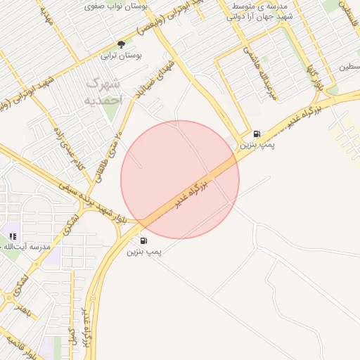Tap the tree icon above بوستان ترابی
(x=121, y=44)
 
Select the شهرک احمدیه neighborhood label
(x=104, y=92)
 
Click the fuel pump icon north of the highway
(x=256, y=134)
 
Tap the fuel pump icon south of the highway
(x=144, y=240)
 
